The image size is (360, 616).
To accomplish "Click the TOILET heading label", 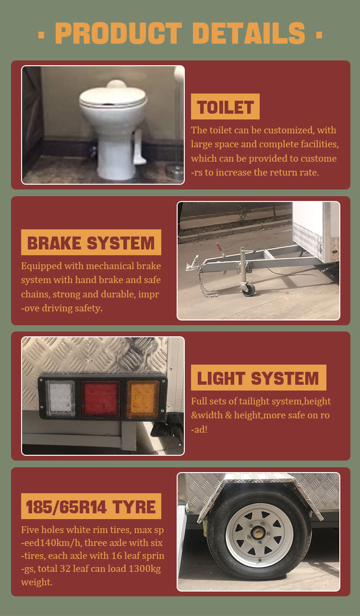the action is point(225,107).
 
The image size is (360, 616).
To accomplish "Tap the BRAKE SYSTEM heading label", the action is point(91,242).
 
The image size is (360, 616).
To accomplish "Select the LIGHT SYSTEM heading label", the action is point(258,378).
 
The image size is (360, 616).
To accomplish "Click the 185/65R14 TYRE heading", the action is point(91,506).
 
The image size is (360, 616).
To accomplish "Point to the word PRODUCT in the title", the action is point(119,33).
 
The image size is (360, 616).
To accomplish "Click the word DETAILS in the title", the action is point(249,33).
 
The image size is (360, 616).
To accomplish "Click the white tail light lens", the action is point(60,399).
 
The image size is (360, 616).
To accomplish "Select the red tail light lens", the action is point(101,399).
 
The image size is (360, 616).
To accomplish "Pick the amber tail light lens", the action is point(143,399).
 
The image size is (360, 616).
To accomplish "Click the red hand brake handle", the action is point(219,248).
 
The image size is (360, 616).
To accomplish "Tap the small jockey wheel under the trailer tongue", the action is point(249,289).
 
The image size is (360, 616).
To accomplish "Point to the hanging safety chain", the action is point(205,283).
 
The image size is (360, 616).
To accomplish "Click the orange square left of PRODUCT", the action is point(41,35).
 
